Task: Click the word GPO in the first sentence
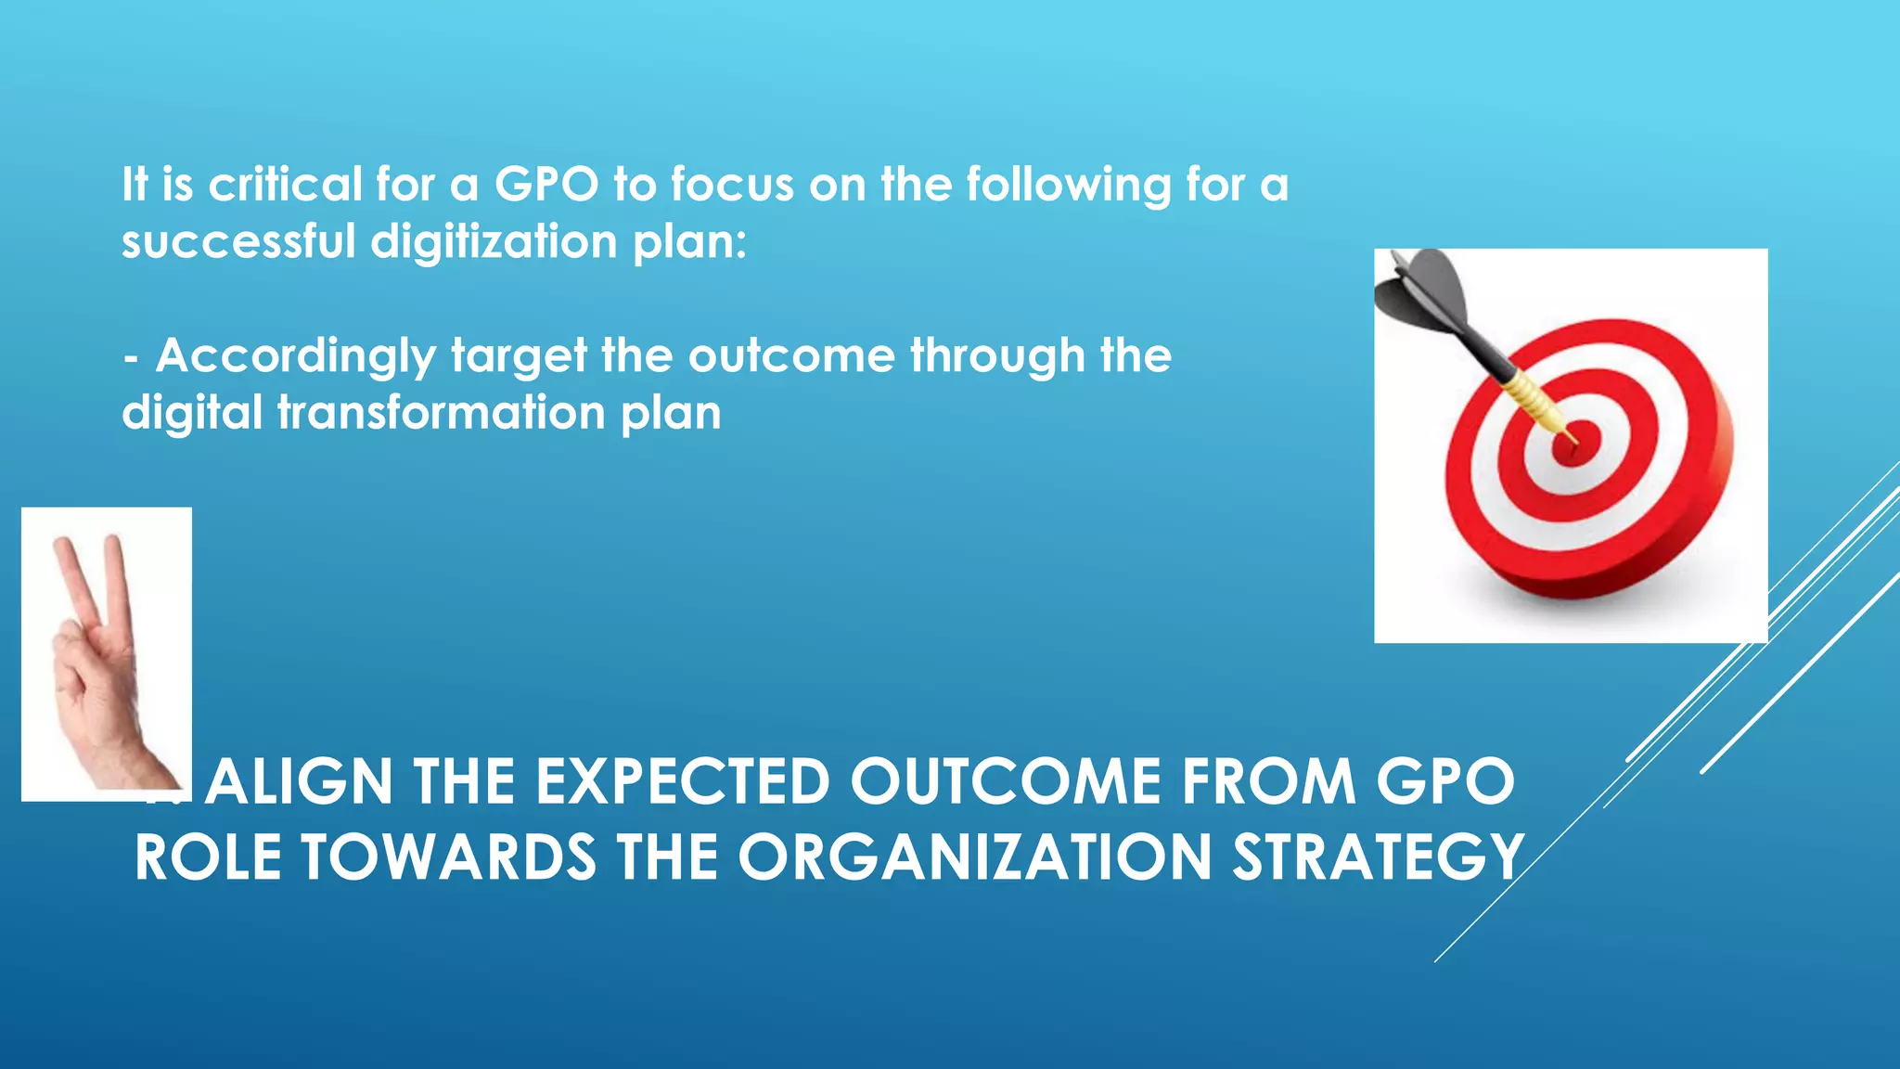pyautogui.click(x=546, y=185)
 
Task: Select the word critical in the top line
pyautogui.click(x=285, y=185)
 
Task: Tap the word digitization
pyautogui.click(x=494, y=242)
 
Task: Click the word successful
pyautogui.click(x=238, y=242)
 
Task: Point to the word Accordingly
pyautogui.click(x=296, y=357)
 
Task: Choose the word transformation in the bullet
pyautogui.click(x=442, y=413)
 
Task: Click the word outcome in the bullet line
pyautogui.click(x=791, y=356)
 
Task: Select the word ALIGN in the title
pyautogui.click(x=300, y=782)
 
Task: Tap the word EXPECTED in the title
pyautogui.click(x=683, y=782)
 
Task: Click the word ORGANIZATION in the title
pyautogui.click(x=975, y=856)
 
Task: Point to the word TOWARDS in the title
pyautogui.click(x=449, y=856)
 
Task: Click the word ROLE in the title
pyautogui.click(x=209, y=856)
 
